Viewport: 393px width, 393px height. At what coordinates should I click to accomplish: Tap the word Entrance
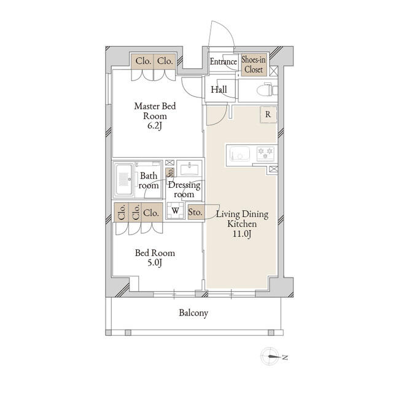(x=224, y=62)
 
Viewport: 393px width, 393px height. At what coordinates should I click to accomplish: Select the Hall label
(x=219, y=90)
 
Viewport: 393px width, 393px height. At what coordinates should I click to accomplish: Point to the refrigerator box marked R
(x=268, y=114)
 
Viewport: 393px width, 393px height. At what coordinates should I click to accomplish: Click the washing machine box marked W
(x=176, y=212)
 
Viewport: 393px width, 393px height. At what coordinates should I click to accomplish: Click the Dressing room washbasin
(x=189, y=169)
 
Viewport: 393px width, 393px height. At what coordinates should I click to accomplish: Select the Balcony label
(x=193, y=313)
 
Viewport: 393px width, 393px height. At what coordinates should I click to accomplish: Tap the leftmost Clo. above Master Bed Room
(x=143, y=61)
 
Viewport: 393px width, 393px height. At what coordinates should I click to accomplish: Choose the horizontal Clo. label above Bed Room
(x=150, y=213)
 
